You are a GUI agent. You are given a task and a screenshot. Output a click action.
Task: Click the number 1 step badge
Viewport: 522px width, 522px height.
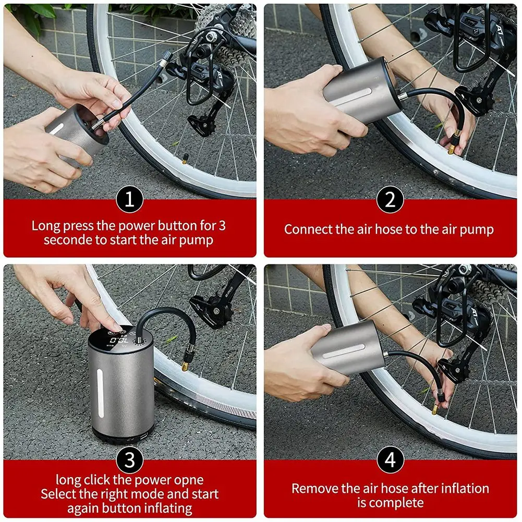[129, 199]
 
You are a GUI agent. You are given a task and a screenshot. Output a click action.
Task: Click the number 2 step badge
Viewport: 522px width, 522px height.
[390, 199]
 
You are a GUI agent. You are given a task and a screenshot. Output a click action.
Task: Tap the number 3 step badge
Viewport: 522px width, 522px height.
[129, 460]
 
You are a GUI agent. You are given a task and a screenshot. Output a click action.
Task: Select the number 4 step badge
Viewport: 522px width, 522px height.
[390, 460]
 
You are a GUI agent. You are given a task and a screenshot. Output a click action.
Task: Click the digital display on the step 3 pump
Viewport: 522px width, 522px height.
[119, 341]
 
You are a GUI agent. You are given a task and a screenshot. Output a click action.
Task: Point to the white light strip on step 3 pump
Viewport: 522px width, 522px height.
[100, 393]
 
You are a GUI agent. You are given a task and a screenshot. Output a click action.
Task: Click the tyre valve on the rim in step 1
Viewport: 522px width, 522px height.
[185, 159]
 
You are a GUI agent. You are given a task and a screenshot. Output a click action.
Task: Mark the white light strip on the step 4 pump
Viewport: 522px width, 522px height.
[343, 351]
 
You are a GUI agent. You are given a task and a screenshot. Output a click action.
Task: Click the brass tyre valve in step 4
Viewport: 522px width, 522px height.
[435, 410]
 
